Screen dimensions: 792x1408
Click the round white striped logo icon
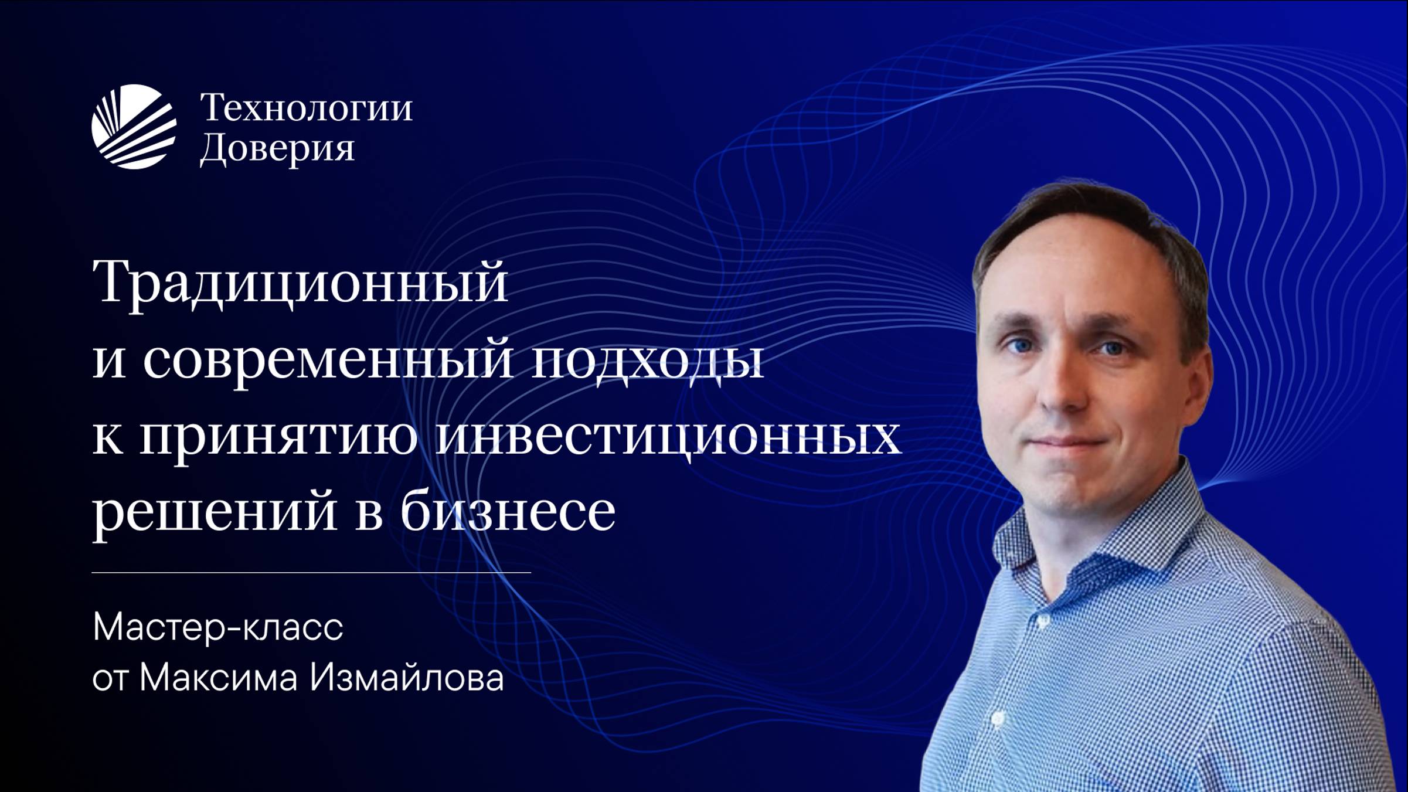pos(134,127)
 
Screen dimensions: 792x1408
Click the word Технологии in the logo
pos(306,108)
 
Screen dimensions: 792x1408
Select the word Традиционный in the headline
pos(300,283)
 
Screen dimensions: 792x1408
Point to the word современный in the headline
pos(328,359)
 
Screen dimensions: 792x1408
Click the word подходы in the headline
pos(648,359)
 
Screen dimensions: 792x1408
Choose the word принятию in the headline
pos(278,437)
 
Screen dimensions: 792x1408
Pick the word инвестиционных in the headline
pos(668,437)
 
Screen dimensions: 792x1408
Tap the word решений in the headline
pos(214,511)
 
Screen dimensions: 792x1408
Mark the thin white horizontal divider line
pos(311,572)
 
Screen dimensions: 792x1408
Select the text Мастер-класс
pos(217,627)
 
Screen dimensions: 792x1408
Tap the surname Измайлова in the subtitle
pos(407,678)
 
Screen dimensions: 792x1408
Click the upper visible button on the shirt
pos(1040,621)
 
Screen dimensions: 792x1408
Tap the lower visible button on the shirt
pos(997,718)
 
